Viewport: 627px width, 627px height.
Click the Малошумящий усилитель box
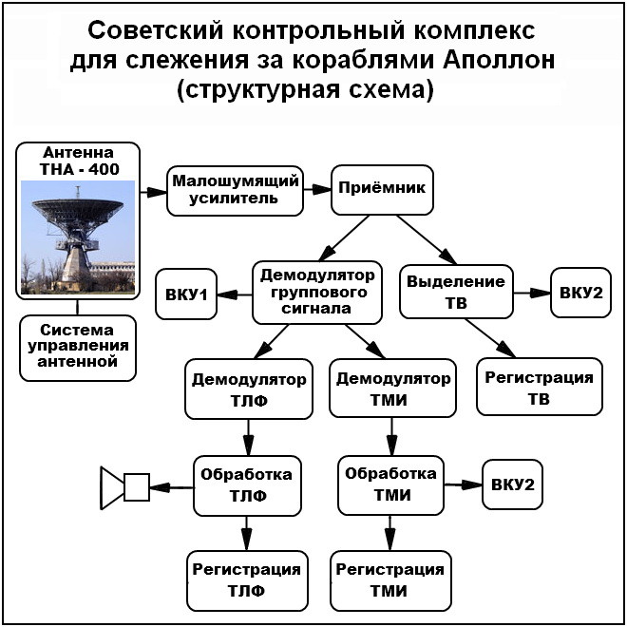coord(234,189)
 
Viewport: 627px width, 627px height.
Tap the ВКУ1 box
coord(186,294)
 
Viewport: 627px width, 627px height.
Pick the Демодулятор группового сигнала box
coord(318,293)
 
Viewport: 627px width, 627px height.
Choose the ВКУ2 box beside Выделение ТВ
coord(580,293)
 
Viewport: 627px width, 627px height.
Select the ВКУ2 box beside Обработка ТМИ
coord(513,484)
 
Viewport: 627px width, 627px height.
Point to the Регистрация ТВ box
coord(539,388)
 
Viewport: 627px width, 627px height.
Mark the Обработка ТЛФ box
coord(248,484)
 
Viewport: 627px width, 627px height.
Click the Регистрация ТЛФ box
coord(247,579)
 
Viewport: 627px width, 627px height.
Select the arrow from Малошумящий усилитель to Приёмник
coord(316,190)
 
